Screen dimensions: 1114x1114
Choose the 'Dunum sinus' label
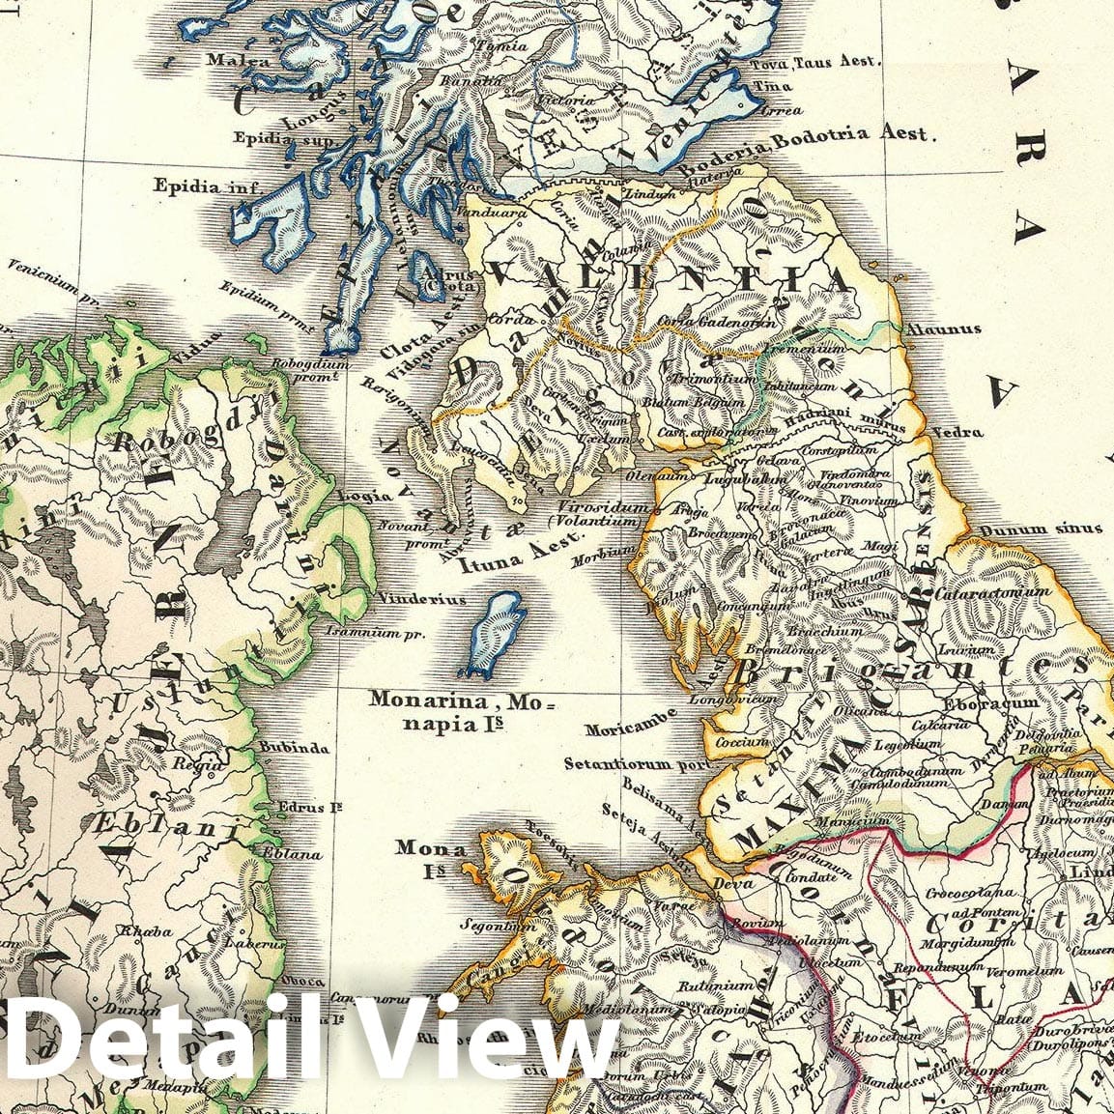[1040, 528]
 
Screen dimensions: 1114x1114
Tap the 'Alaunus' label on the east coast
[943, 329]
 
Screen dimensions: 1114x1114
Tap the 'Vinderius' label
[421, 599]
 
